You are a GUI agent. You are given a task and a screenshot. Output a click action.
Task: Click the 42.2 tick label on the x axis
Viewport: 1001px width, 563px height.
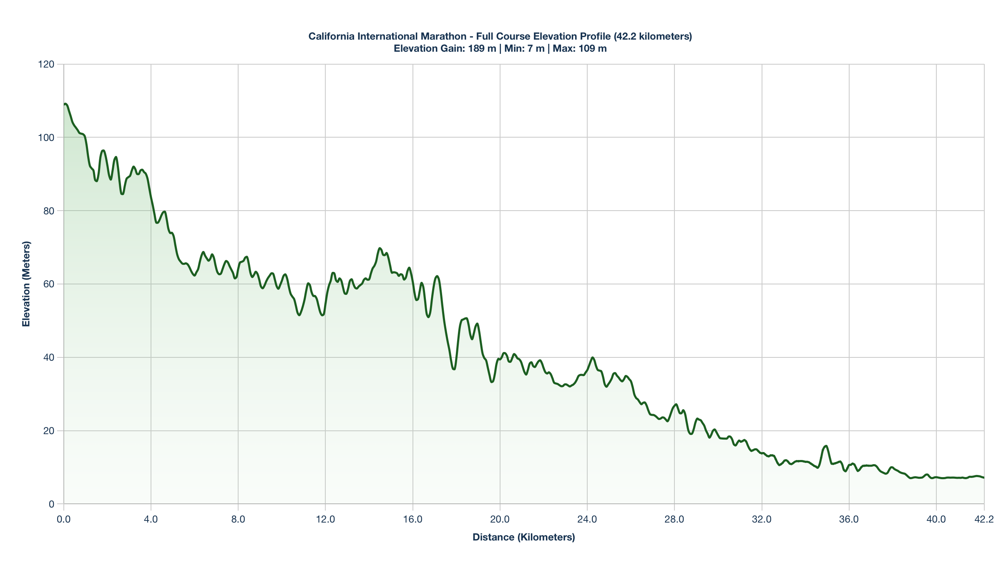(984, 520)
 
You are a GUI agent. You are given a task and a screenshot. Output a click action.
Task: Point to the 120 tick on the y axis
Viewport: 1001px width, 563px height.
(46, 64)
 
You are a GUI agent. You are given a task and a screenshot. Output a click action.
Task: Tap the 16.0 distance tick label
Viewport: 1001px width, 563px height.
(412, 520)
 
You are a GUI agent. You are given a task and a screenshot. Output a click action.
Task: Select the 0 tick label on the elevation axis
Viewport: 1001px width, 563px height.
(52, 504)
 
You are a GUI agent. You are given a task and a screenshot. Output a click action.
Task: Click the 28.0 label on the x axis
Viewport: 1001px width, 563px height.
(674, 520)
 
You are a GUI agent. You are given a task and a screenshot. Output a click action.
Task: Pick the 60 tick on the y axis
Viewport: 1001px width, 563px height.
(49, 284)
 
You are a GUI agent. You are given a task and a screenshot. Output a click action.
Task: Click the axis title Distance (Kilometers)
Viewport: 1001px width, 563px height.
(523, 537)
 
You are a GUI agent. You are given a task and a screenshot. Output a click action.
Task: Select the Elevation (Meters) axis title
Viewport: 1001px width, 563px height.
(26, 284)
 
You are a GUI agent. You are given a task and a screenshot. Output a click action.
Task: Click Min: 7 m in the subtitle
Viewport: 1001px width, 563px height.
(524, 48)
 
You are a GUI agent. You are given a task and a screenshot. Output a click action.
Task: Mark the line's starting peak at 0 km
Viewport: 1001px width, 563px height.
(65, 104)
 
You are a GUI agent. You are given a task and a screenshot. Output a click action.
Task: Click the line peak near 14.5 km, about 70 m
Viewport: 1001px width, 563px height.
(380, 248)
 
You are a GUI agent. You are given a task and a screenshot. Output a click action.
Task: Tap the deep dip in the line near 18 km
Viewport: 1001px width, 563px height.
(454, 369)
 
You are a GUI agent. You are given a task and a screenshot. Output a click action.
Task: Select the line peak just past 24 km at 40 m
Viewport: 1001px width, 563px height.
(592, 357)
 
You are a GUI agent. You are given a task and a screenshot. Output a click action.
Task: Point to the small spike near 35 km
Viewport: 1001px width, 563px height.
(826, 446)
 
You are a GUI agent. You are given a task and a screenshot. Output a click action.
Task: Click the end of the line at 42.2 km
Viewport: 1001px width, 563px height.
(983, 478)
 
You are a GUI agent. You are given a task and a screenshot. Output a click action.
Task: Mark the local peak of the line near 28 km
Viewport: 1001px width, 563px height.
(676, 404)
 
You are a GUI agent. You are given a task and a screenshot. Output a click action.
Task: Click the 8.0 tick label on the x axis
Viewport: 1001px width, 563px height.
(238, 520)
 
